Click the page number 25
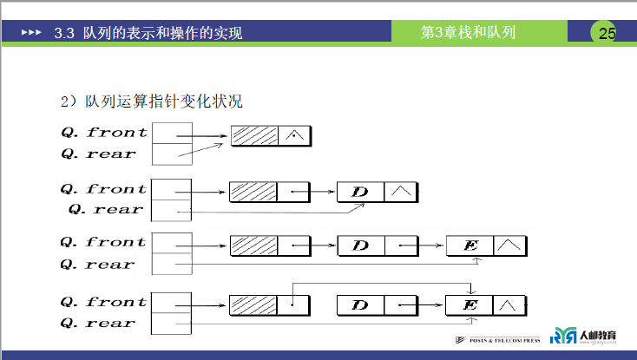(606, 33)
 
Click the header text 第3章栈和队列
(468, 33)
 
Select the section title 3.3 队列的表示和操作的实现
(148, 34)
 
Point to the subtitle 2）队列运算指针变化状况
(151, 101)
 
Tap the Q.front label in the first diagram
(104, 133)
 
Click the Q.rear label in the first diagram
(98, 154)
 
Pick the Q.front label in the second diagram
(103, 188)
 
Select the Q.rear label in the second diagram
(106, 210)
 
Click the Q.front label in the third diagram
(103, 242)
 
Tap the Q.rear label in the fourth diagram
(98, 324)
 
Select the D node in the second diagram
(360, 191)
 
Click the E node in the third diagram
(470, 246)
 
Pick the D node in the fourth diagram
(360, 305)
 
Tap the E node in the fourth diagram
(470, 305)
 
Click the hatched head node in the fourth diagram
(253, 305)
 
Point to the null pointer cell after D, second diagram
(402, 191)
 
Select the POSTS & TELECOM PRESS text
(502, 339)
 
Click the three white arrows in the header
(30, 33)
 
